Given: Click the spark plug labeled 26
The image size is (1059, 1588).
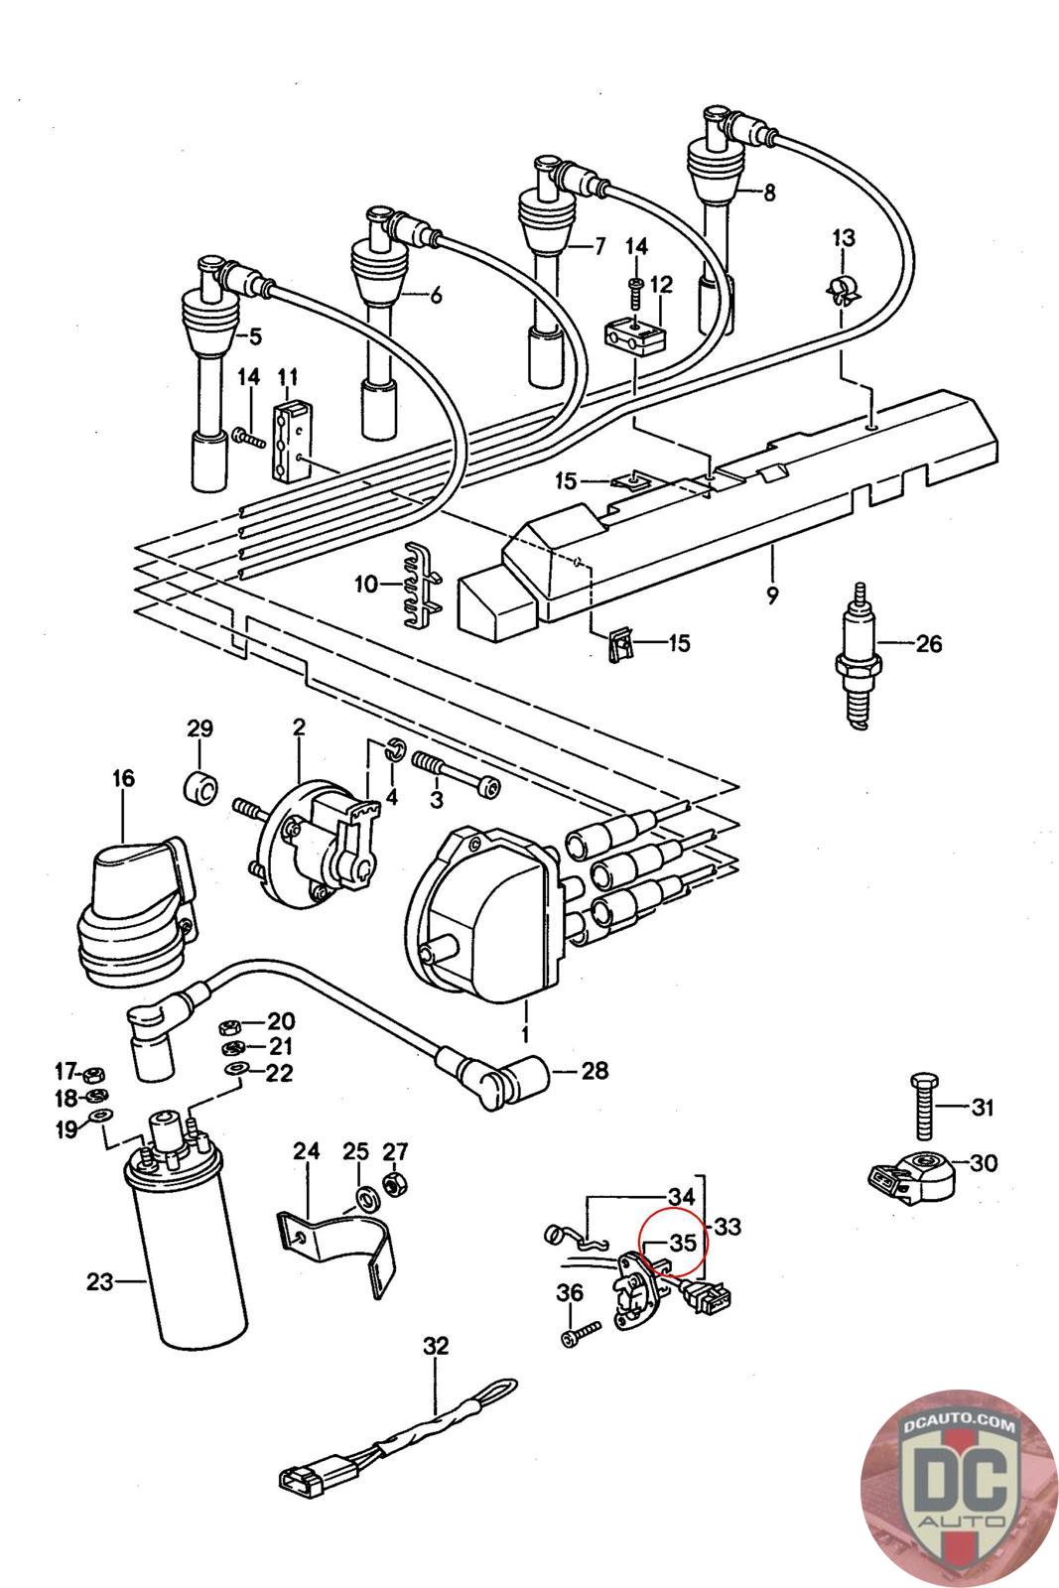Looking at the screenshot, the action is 858,656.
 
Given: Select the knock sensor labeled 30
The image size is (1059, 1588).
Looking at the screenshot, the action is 912,1175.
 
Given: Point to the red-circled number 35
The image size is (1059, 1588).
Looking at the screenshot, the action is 683,1243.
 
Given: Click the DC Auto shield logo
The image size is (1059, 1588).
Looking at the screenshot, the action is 959,1490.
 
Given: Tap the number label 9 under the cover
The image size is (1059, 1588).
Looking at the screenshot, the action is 772,595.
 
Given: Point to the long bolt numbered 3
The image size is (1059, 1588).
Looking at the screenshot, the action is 457,774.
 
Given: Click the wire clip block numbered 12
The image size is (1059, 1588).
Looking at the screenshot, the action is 635,333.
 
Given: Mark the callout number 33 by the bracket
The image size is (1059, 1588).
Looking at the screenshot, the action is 727,1226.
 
